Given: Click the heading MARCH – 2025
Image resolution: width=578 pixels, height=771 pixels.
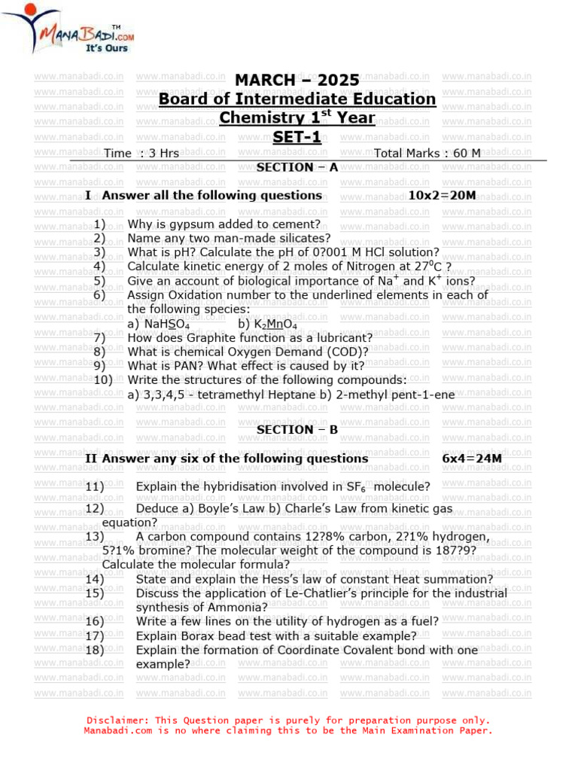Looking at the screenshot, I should coord(297,80).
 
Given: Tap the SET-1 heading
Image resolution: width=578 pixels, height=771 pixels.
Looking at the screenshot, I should coord(297,137).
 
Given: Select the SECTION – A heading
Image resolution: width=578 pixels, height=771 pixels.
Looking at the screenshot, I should coord(297,167).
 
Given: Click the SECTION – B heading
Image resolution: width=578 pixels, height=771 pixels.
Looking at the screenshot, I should coord(297,430).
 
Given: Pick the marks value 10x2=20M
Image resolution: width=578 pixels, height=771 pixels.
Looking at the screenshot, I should coord(442,196).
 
